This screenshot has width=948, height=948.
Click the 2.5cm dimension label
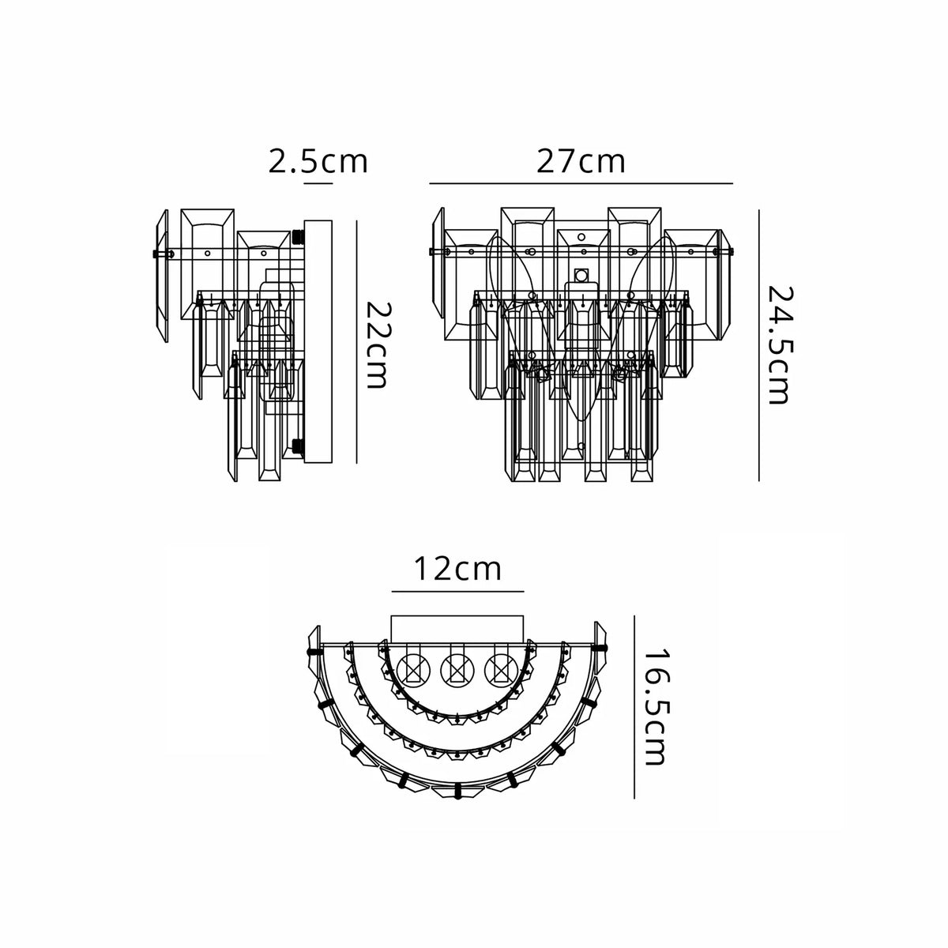318,161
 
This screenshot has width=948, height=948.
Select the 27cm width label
581,161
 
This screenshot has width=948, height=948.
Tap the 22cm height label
380,344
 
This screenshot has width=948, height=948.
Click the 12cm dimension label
457,569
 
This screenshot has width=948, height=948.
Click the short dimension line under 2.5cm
318,183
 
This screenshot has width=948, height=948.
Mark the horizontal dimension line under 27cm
581,183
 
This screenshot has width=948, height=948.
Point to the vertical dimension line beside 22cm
356,341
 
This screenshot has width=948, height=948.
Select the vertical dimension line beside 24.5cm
759,345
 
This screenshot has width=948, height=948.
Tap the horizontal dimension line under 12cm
458,591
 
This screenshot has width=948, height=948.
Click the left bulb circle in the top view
413,670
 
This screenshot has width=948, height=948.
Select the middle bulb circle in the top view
457,670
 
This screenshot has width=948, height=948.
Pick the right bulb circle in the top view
502,670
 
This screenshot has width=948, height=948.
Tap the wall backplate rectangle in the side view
318,341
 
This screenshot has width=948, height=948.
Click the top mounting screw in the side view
298,237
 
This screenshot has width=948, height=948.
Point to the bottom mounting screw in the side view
298,446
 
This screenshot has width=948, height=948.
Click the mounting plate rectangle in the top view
457,629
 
